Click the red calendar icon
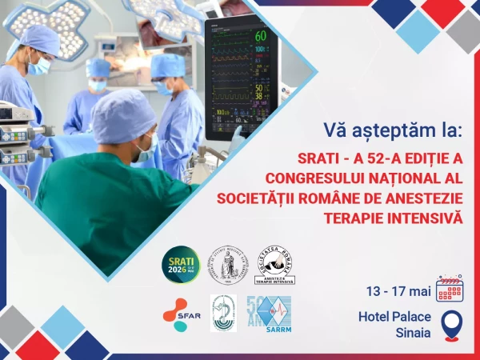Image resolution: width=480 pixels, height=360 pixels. [450, 288]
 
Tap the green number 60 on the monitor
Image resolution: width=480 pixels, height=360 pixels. [260, 36]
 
